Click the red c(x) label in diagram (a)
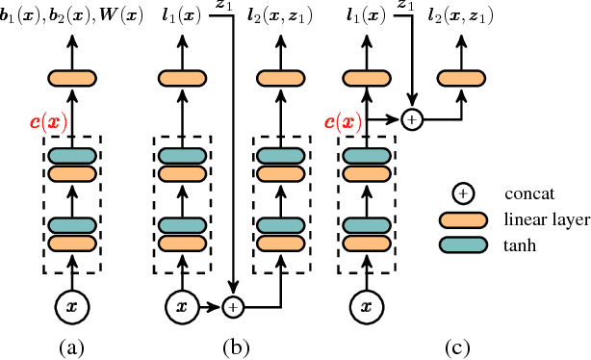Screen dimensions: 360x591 click(x=47, y=122)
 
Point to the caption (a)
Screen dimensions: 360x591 click(x=73, y=347)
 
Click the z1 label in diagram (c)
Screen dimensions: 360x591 click(x=406, y=9)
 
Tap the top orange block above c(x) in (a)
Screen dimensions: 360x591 click(x=73, y=79)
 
